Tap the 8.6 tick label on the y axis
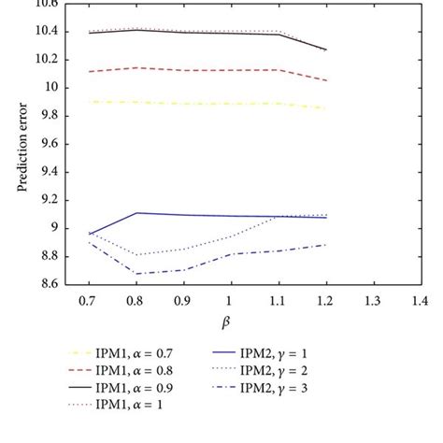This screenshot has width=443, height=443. coord(47,284)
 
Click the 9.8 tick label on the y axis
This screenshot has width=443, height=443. coord(47,116)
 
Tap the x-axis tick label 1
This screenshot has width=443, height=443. coord(231,302)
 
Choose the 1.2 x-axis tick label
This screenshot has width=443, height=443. coord(324,302)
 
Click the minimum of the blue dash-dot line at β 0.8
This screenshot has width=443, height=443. coord(137,273)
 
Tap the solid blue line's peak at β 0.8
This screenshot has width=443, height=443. coord(137,213)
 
